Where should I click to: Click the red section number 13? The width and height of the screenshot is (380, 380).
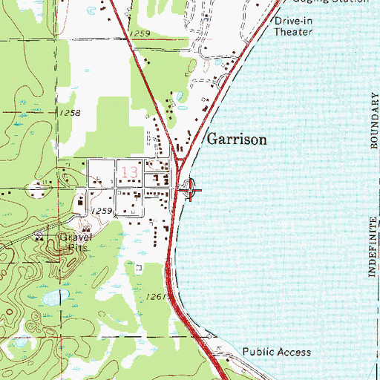[128, 174]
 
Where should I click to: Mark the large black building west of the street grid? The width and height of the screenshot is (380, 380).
[81, 201]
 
